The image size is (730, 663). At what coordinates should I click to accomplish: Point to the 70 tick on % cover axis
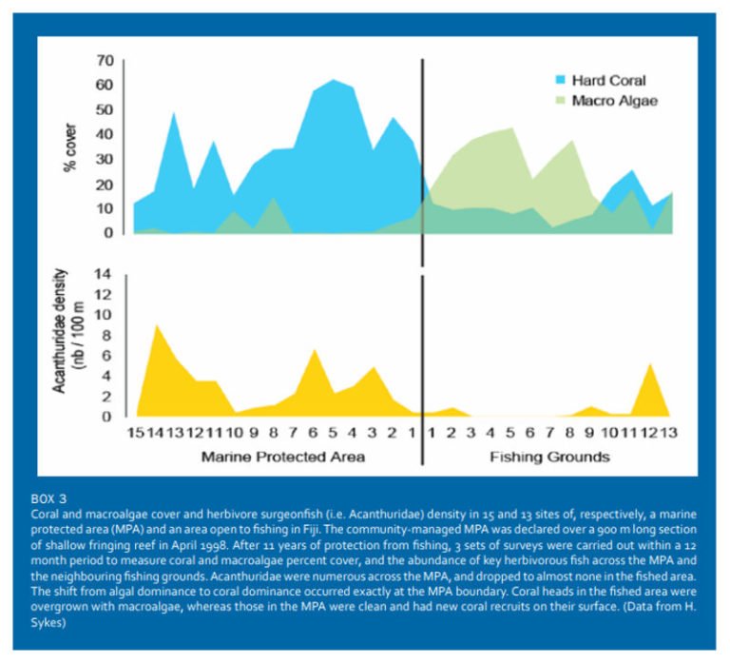104,61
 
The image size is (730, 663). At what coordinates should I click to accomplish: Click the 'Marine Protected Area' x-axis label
282,457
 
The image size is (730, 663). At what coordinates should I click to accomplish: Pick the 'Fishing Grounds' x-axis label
549,457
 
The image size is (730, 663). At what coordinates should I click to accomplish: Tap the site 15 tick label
137,433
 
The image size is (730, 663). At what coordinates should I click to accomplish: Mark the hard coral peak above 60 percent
333,81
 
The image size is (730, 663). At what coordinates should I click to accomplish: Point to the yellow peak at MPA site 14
156,327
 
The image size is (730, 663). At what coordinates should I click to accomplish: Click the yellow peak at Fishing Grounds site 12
648,365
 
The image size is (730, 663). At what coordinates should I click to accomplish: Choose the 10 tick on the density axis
104,314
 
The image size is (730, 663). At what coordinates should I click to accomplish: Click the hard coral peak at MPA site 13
174,114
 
